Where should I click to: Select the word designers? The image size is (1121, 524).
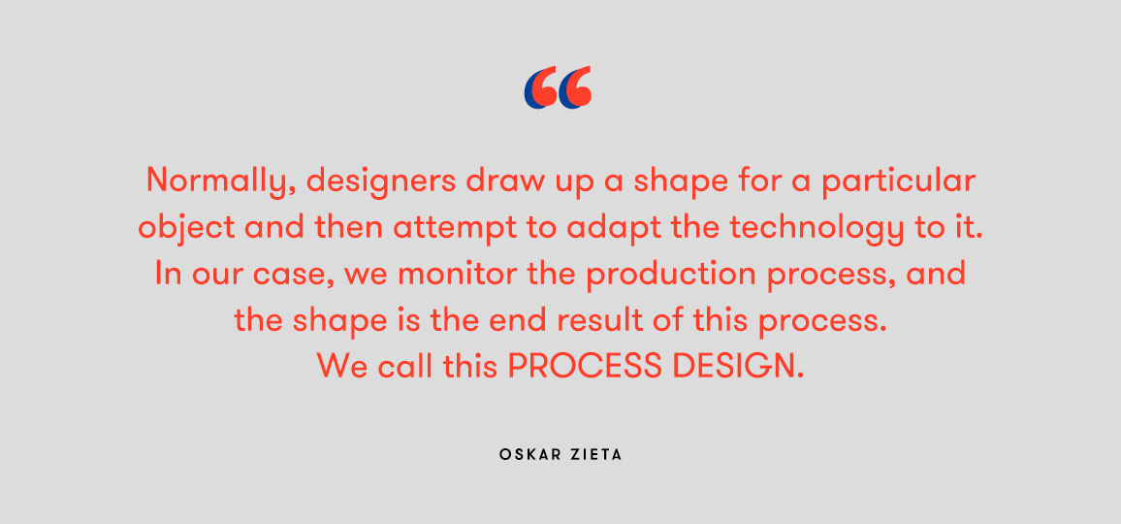[x=381, y=181]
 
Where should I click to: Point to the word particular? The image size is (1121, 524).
[x=898, y=181]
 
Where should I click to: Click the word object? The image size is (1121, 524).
[x=186, y=228]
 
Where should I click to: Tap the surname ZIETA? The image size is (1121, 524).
[x=597, y=454]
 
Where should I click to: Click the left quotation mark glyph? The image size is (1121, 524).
[x=540, y=87]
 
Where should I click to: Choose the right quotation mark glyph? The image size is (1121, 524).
[x=575, y=87]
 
